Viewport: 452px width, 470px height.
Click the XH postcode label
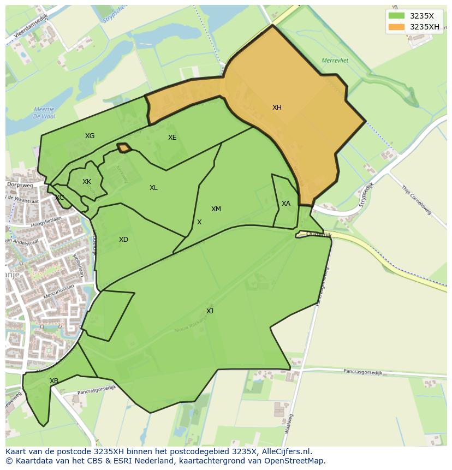click(277, 108)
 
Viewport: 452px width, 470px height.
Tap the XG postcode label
click(90, 136)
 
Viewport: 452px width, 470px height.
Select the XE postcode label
click(172, 138)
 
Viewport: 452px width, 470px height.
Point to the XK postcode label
click(87, 182)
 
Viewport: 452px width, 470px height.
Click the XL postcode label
click(153, 188)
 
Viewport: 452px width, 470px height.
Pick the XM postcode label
click(216, 209)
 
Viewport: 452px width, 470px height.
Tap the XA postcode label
click(286, 204)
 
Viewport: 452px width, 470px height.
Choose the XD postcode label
click(123, 240)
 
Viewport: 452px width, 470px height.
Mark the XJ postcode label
click(210, 311)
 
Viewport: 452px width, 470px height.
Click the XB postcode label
click(54, 381)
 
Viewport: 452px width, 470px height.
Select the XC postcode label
click(60, 198)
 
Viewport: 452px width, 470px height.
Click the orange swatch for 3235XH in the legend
click(396, 27)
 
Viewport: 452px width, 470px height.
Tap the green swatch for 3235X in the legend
click(396, 16)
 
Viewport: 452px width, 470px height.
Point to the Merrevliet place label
click(335, 60)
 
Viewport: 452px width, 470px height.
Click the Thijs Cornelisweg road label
click(416, 200)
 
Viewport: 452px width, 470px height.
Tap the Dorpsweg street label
click(20, 185)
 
